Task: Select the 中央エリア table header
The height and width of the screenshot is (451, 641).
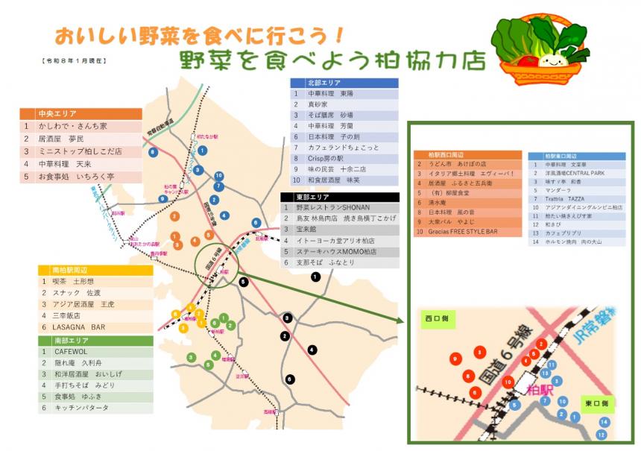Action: (80, 114)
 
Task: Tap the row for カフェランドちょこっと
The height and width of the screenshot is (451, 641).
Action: (344, 148)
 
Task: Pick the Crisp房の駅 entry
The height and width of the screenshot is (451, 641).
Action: (344, 158)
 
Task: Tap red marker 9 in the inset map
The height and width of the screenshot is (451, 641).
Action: (454, 359)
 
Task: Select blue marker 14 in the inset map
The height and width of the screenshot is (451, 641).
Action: (604, 422)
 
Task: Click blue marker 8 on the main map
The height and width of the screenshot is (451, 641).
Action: (153, 152)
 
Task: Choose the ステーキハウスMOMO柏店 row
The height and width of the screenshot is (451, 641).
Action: (340, 252)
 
